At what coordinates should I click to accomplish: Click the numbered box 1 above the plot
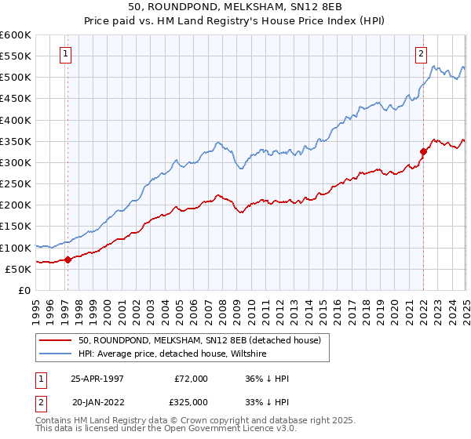pyautogui.click(x=65, y=54)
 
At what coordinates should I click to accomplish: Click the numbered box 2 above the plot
pyautogui.click(x=422, y=54)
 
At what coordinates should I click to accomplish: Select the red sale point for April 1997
pyautogui.click(x=68, y=259)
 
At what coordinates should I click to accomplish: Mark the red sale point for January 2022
pyautogui.click(x=423, y=151)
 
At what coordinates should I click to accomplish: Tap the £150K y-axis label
pyautogui.click(x=16, y=227)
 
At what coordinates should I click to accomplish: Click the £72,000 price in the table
pyautogui.click(x=192, y=379)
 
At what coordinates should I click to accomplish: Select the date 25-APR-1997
pyautogui.click(x=97, y=379)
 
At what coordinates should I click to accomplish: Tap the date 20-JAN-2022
pyautogui.click(x=98, y=401)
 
